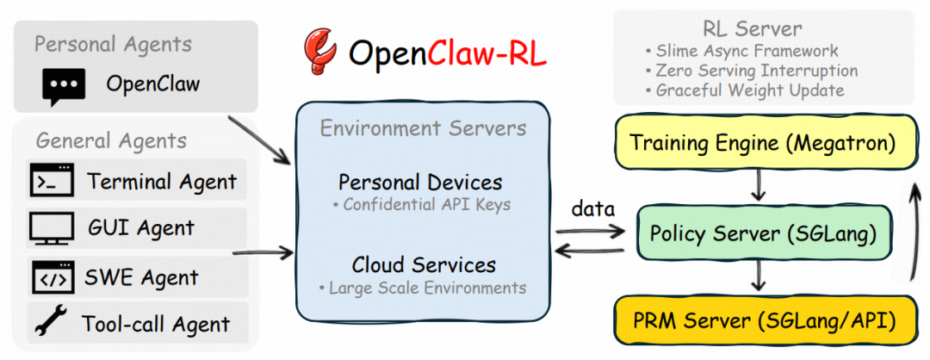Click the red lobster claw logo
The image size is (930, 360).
[x=319, y=53]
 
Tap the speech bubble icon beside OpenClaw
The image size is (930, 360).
[x=64, y=87]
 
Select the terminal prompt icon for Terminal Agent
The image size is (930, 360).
[x=52, y=180]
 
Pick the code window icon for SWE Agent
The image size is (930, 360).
[x=53, y=277]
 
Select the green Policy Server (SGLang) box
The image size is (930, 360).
[x=763, y=233]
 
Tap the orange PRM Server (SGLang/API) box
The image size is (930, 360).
[x=762, y=321]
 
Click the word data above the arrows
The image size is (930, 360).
[x=592, y=209]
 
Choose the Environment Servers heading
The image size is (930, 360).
[x=423, y=128]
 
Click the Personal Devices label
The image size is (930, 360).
[x=420, y=182]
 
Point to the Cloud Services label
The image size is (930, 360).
[x=424, y=264]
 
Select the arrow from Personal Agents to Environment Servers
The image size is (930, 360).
[x=259, y=140]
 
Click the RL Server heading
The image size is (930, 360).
[x=752, y=28]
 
